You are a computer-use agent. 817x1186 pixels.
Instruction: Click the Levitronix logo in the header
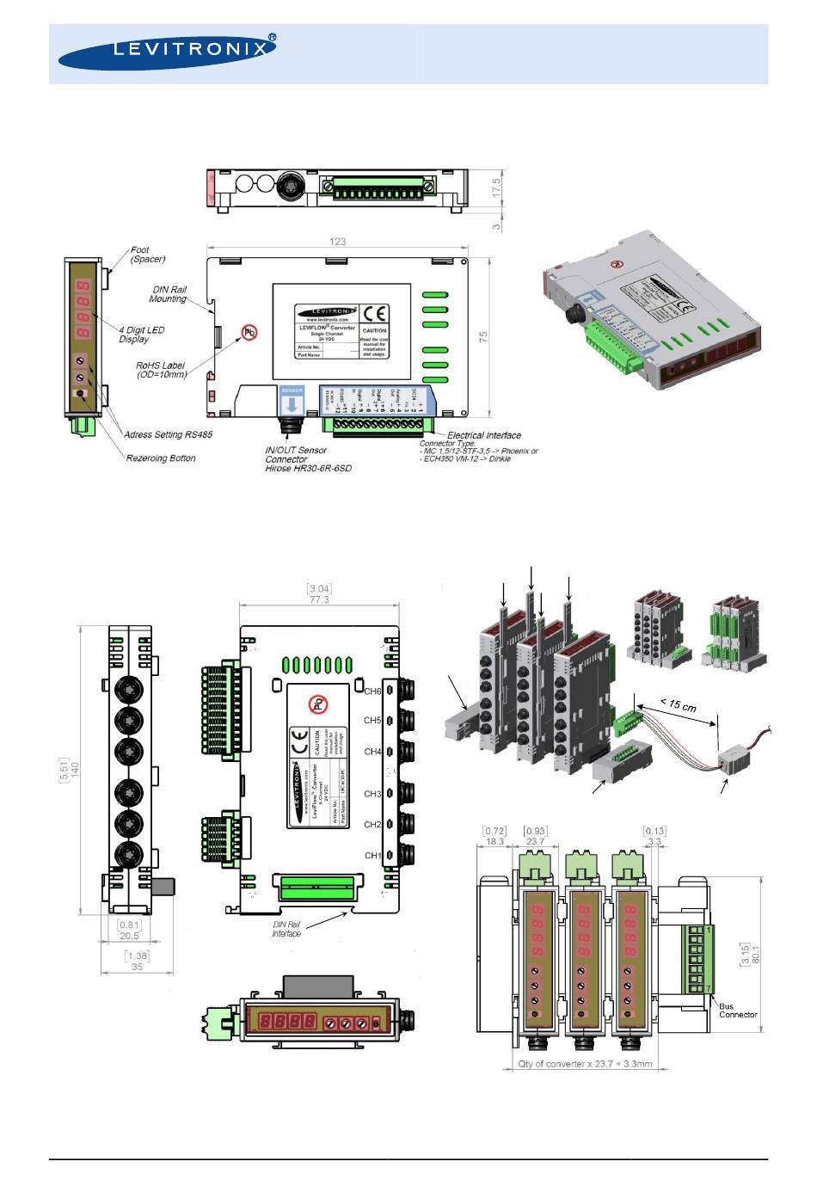click(168, 52)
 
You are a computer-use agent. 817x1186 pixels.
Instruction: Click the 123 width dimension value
click(337, 242)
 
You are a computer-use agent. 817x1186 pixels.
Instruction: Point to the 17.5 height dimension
click(495, 188)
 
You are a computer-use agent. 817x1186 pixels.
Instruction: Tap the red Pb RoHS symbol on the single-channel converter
click(249, 331)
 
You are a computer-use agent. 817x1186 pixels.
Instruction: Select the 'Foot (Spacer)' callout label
click(148, 255)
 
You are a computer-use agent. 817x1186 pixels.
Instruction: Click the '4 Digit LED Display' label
click(141, 335)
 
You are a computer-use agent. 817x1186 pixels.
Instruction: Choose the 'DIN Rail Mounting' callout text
click(169, 294)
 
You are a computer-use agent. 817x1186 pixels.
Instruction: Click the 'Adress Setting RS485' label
click(168, 435)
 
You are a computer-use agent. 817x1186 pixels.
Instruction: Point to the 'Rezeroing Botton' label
click(161, 458)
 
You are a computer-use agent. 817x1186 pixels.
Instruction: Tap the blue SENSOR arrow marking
click(292, 400)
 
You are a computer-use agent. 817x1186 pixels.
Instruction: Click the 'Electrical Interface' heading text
click(484, 435)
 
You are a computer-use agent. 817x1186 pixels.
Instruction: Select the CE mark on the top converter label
click(375, 313)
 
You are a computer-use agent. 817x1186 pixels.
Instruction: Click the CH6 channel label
click(372, 691)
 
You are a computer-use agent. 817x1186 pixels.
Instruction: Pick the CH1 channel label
click(372, 856)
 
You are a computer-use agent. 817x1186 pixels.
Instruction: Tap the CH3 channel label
click(372, 794)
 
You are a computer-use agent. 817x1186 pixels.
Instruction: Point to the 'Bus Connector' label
click(738, 1011)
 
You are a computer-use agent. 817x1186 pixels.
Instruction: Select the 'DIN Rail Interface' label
click(286, 930)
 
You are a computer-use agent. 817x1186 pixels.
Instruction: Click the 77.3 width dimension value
click(319, 599)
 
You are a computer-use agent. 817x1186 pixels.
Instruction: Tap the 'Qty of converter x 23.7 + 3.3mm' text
click(585, 1064)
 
